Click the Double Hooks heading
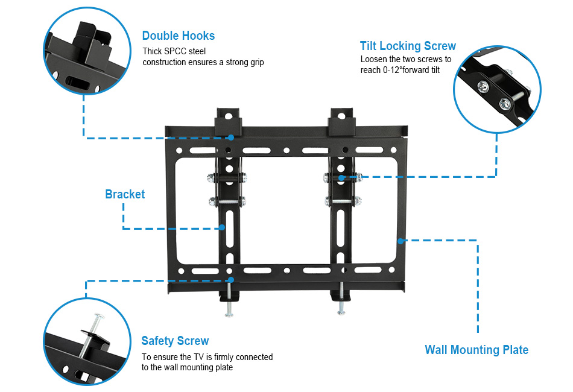tap(178, 36)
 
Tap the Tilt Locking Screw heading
tap(408, 46)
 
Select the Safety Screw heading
tap(175, 341)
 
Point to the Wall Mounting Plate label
tap(476, 350)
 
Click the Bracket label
tap(125, 194)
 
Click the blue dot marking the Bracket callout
tap(222, 227)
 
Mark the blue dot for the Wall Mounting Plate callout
tap(399, 240)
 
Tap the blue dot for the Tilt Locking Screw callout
tap(341, 177)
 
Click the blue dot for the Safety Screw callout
tap(230, 279)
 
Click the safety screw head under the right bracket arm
tap(341, 311)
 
